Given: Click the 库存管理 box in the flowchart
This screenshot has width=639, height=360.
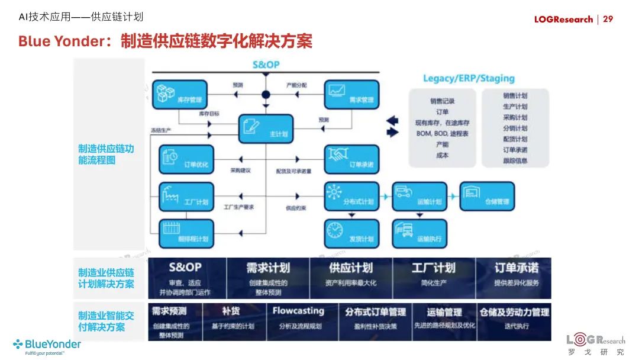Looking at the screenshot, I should coord(180,95).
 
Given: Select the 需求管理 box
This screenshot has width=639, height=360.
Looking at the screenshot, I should coord(351,95).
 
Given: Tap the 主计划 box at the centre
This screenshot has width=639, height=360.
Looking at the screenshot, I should coord(266,128).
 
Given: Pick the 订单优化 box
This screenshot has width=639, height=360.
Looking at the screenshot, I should coord(186,159).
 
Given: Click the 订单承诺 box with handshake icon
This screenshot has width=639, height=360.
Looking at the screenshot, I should coord(351,159).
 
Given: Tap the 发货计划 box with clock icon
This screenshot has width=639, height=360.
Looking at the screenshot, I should coord(351,233).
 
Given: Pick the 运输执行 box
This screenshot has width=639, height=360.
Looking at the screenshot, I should coord(419,233).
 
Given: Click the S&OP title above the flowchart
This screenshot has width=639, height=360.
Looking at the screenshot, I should coord(266,65).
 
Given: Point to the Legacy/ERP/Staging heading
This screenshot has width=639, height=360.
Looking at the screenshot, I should coord(469,78).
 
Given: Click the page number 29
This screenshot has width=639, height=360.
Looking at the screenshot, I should coord(608,19).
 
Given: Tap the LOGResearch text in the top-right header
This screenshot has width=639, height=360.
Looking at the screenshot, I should coord(563,20).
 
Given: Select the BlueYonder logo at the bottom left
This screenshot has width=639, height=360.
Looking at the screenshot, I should coord(47,345).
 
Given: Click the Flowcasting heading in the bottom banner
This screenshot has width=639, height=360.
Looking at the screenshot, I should coord(298,311).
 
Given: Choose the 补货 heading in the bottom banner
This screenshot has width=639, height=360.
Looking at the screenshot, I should coord(231,311).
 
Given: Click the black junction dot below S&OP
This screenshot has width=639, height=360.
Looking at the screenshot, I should coord(266,95).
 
